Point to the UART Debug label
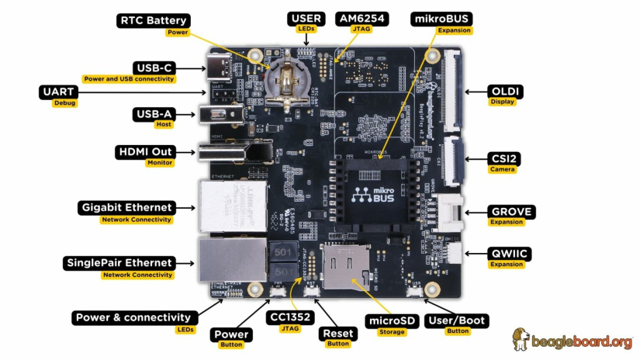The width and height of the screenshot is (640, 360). click(x=58, y=92)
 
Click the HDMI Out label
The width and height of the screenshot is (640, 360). click(x=145, y=151)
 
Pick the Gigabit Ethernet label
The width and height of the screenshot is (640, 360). click(x=126, y=208)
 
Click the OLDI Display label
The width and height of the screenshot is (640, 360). click(x=503, y=92)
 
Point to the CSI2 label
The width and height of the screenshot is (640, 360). click(x=503, y=158)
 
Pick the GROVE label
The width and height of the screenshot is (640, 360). click(x=511, y=211)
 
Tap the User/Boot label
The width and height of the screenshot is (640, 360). click(x=457, y=320)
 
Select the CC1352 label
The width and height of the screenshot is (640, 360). click(x=283, y=317)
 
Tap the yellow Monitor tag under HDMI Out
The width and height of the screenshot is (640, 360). click(x=159, y=163)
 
